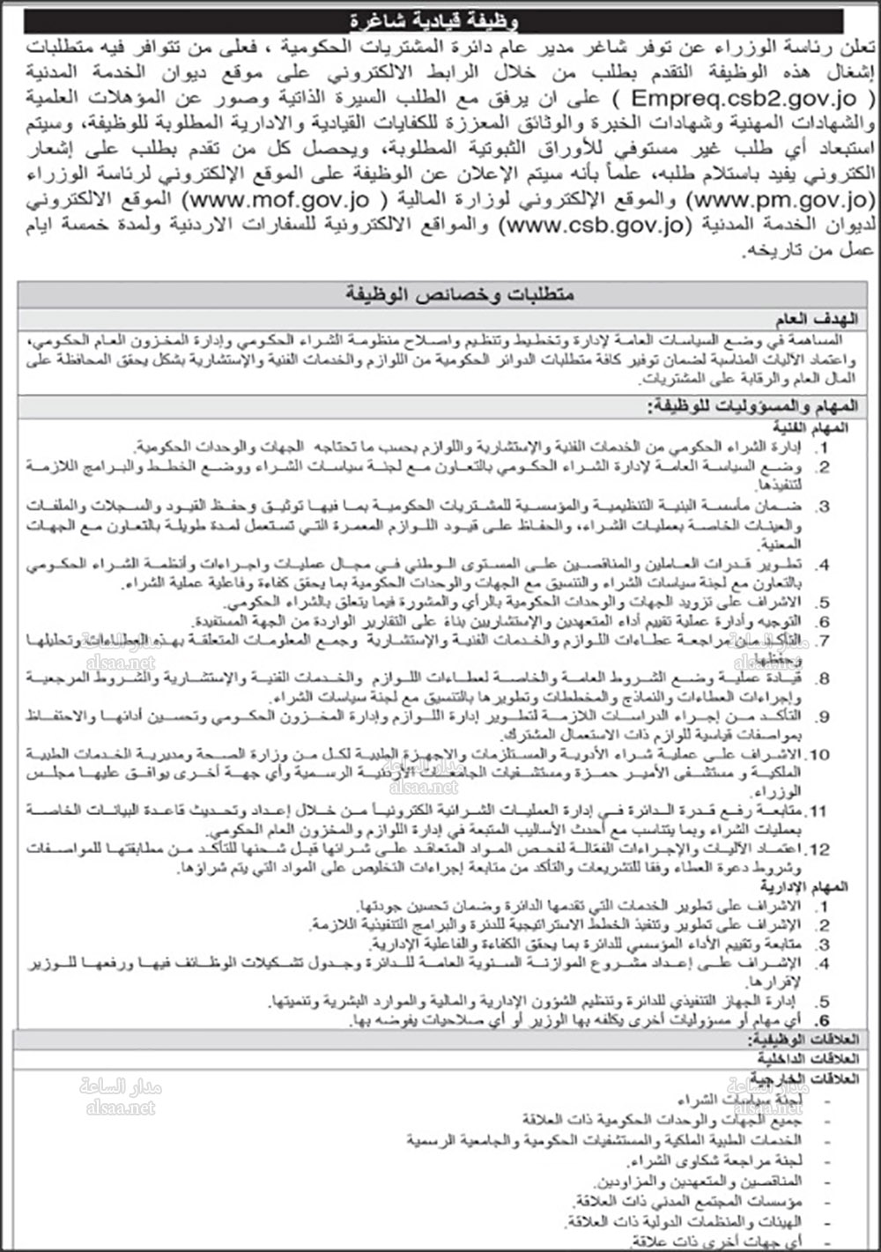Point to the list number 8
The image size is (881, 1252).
tap(825, 678)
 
